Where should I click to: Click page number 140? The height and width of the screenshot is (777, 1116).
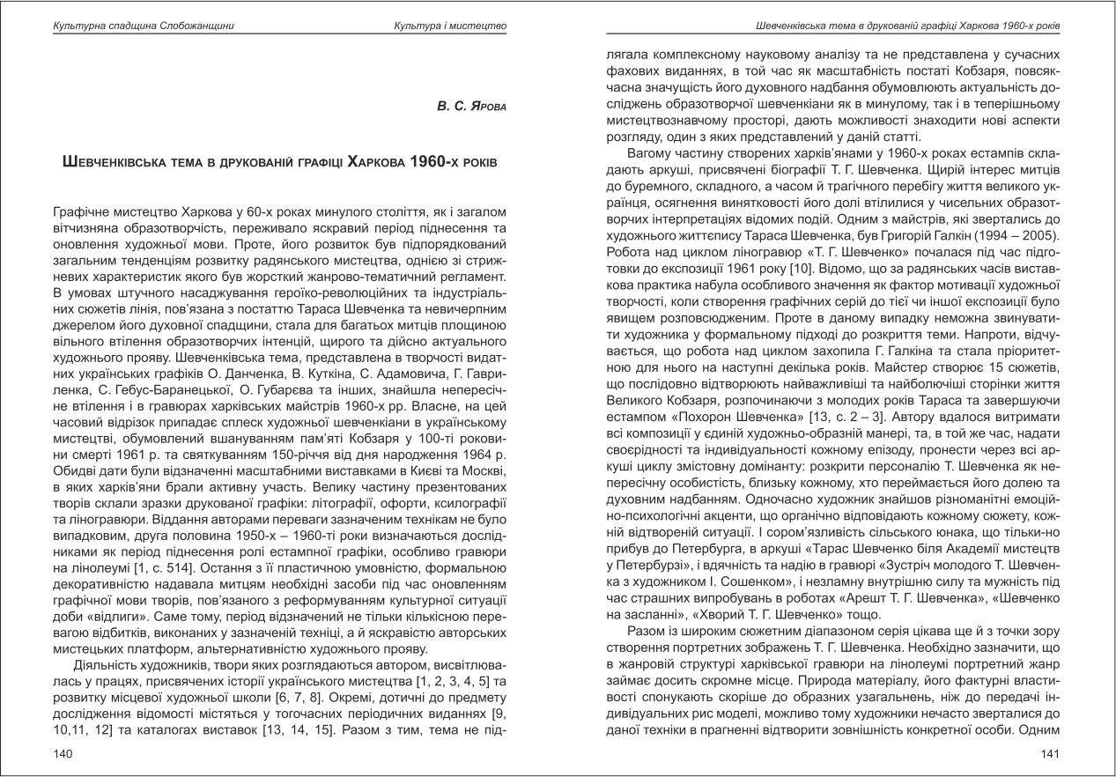[x=63, y=753]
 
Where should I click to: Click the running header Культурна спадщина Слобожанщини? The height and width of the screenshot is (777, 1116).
[x=131, y=26]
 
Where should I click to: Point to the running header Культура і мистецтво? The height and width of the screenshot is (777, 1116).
[x=450, y=26]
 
